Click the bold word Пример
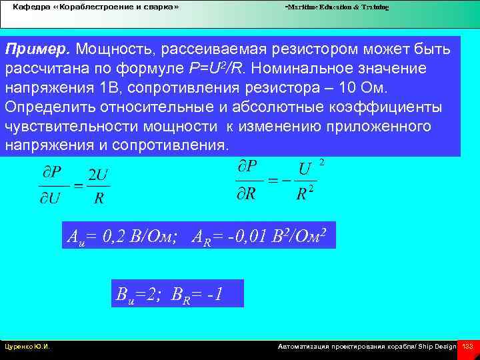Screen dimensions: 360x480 click(x=38, y=50)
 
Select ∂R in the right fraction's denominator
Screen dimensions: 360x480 click(x=250, y=194)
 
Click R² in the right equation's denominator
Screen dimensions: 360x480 click(x=305, y=194)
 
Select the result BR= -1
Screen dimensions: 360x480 click(x=203, y=293)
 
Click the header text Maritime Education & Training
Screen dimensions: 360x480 click(x=337, y=7)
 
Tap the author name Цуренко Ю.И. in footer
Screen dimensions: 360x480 click(x=27, y=347)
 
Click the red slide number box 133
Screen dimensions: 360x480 click(x=467, y=347)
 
